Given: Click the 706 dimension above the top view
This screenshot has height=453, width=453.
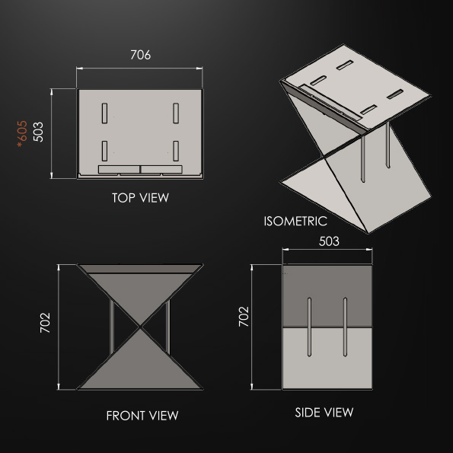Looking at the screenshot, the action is click(x=140, y=55).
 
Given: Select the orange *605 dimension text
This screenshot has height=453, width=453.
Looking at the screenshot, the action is click(x=22, y=134).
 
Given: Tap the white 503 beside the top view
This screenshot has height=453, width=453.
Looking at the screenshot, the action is click(x=38, y=132).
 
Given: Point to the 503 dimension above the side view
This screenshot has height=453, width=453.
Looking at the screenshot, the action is click(x=329, y=241).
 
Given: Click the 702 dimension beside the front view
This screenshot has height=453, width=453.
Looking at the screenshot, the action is click(x=45, y=323).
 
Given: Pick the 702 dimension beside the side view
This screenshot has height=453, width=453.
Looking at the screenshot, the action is click(x=244, y=317).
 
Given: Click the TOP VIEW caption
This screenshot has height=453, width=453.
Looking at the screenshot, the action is click(x=140, y=198).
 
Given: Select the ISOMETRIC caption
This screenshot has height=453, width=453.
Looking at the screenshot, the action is click(x=295, y=222).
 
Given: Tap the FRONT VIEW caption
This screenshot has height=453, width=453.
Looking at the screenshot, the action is click(x=142, y=416).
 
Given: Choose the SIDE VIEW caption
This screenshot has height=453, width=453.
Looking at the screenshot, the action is click(x=324, y=412).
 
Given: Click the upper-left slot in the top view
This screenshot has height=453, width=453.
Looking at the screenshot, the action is click(x=104, y=113).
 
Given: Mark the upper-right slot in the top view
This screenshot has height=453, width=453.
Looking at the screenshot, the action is click(x=176, y=113).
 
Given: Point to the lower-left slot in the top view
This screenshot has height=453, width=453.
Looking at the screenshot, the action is click(x=104, y=151).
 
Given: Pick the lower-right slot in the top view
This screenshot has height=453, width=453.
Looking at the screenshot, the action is click(x=176, y=151).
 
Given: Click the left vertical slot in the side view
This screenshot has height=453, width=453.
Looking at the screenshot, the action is click(x=309, y=327).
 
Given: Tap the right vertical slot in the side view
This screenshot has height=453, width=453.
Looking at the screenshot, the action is click(x=345, y=327).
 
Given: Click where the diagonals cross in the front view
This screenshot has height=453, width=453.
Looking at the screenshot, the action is click(x=140, y=327).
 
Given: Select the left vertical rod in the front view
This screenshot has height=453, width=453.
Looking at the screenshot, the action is click(x=112, y=327).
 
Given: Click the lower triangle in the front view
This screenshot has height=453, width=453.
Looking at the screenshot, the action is click(x=140, y=364).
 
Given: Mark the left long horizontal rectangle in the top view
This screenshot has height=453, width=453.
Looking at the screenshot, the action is click(x=119, y=169).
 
